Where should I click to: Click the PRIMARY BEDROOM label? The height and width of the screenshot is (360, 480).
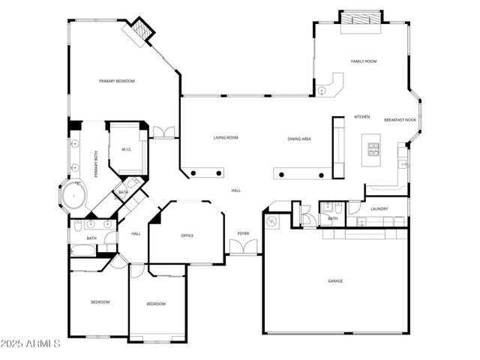pyautogui.click(x=117, y=81)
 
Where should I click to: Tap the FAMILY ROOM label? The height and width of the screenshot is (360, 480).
pyautogui.click(x=364, y=61)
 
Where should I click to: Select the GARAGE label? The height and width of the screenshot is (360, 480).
pyautogui.click(x=335, y=281)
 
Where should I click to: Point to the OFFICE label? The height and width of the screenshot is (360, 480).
pyautogui.click(x=187, y=235)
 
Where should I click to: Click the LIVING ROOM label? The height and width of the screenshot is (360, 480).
pyautogui.click(x=226, y=138)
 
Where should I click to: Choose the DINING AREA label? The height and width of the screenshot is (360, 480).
pyautogui.click(x=299, y=139)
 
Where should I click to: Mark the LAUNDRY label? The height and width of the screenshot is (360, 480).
pyautogui.click(x=379, y=209)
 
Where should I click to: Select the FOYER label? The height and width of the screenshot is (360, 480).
pyautogui.click(x=244, y=234)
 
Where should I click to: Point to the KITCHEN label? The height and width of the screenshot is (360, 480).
pyautogui.click(x=362, y=117)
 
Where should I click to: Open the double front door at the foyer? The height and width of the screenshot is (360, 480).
pyautogui.click(x=244, y=247)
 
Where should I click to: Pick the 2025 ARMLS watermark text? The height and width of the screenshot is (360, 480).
pyautogui.click(x=31, y=343)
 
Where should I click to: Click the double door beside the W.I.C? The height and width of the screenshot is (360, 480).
pyautogui.click(x=163, y=133)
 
